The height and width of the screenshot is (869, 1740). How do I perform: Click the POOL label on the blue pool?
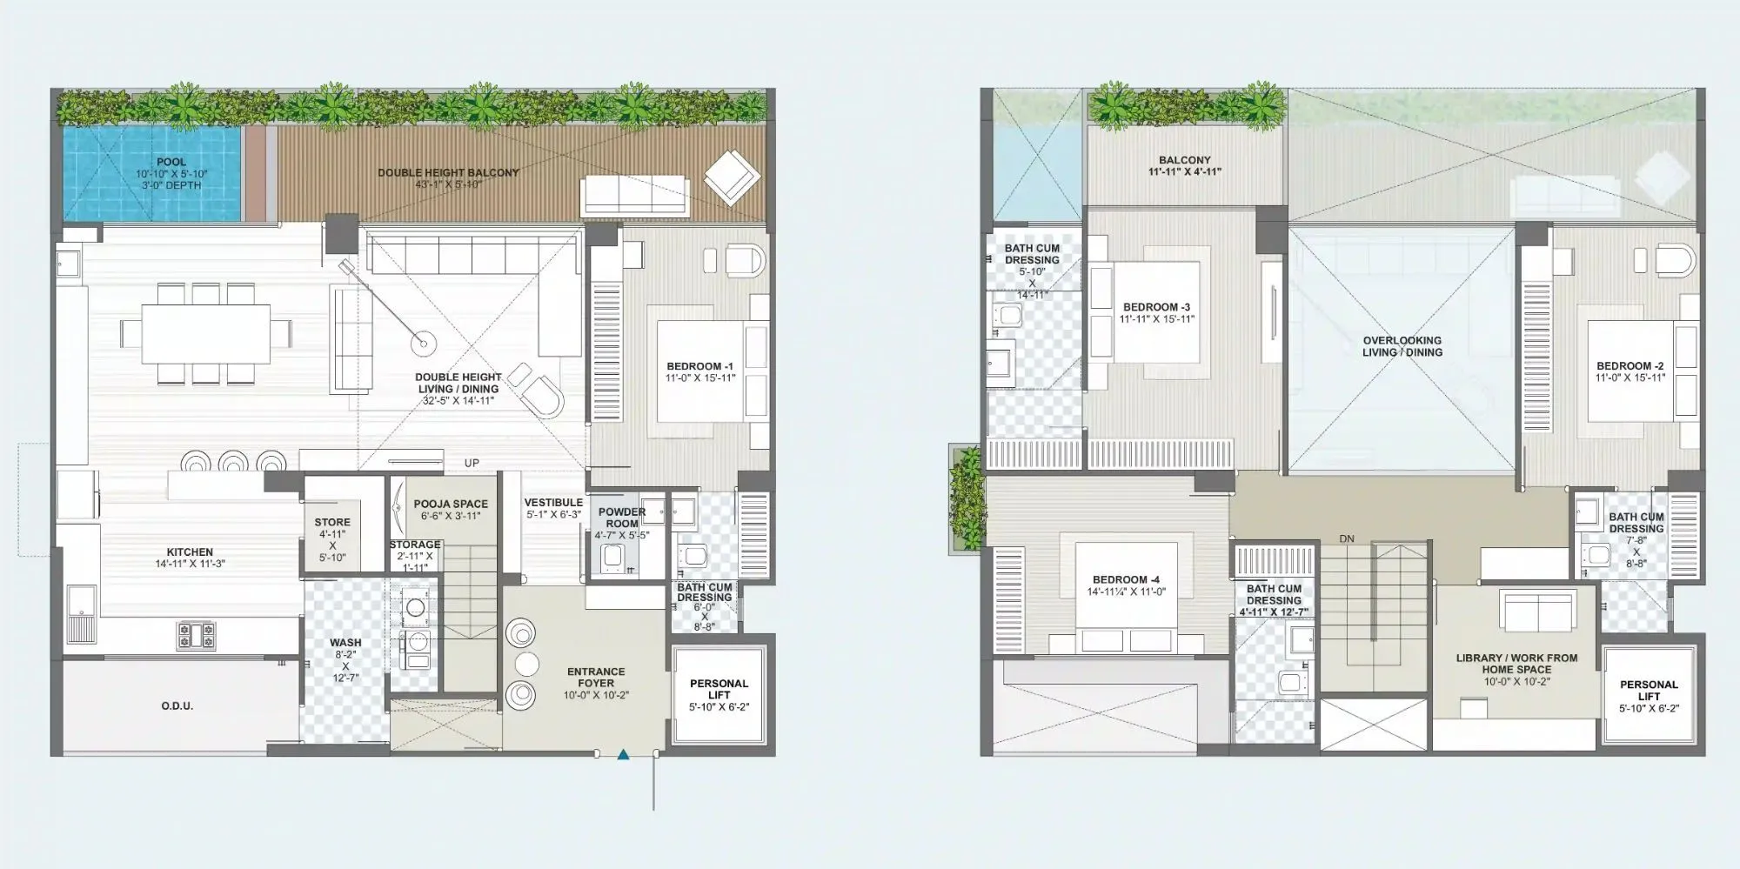171,163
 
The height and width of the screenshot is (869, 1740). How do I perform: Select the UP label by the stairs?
472,464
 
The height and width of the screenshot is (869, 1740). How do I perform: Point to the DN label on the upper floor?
1347,539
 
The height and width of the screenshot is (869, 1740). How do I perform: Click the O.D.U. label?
177,706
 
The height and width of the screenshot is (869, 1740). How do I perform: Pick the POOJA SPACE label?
451,505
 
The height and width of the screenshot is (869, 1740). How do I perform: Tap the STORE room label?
332,523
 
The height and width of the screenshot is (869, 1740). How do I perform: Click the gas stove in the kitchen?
197,635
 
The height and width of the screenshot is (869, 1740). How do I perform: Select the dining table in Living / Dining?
206,333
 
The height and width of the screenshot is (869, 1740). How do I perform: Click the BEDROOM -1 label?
700,367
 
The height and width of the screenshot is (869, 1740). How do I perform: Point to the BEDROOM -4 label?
1126,580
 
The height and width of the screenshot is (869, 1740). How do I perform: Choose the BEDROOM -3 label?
1156,308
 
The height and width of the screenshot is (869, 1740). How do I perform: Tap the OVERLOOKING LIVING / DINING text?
1402,346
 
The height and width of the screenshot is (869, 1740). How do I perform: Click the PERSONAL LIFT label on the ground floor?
719,690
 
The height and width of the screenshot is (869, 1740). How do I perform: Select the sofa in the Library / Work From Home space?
1538,612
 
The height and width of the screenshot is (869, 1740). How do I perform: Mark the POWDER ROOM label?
622,518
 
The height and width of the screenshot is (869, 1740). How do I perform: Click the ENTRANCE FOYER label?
596,678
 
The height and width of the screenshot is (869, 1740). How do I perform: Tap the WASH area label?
345,643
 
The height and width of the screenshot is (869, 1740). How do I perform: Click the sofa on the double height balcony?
634,194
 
